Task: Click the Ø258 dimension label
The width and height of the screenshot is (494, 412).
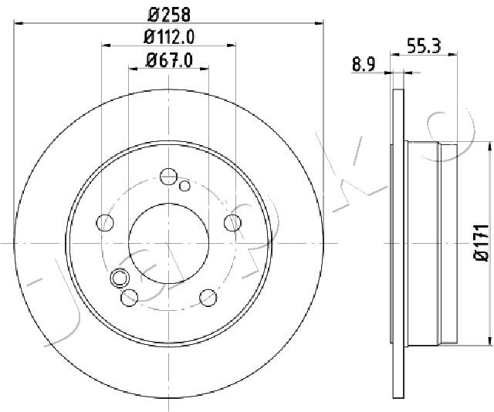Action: point(169,15)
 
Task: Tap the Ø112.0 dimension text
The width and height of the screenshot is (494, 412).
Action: point(169,37)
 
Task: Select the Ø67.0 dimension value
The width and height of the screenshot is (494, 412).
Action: point(169,60)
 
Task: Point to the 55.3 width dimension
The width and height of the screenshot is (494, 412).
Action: point(424,46)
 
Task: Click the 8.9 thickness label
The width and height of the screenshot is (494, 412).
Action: point(364,66)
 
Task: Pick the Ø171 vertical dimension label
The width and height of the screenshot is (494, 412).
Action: point(481,242)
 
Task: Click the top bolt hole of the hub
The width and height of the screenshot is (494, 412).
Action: point(168,177)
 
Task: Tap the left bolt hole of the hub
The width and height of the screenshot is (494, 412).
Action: point(105,223)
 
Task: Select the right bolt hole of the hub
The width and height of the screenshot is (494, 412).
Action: point(232,222)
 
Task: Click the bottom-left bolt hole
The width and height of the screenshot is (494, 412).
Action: point(130,297)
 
